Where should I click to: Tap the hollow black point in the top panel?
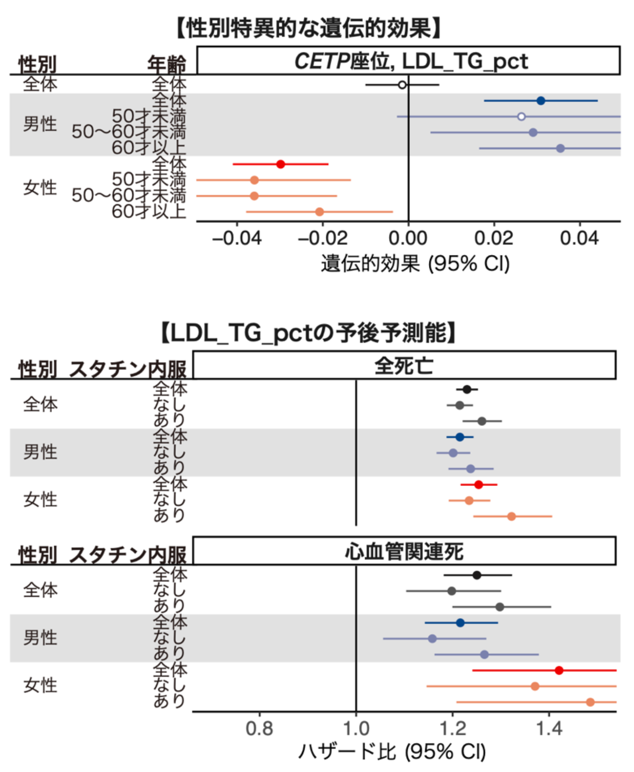(402, 85)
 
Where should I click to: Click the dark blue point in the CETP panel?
(541, 101)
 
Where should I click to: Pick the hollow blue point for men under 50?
(521, 117)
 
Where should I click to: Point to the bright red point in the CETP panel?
(281, 164)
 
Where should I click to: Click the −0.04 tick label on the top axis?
(237, 238)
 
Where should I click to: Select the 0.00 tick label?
(408, 238)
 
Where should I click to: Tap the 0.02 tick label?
(494, 238)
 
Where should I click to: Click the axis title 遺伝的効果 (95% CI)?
(415, 264)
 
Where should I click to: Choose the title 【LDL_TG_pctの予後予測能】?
(309, 333)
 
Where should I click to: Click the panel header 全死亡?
(404, 365)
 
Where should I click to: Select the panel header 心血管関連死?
(404, 551)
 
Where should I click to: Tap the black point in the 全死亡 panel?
(467, 390)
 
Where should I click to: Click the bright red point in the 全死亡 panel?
(479, 485)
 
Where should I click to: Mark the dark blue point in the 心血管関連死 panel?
(460, 623)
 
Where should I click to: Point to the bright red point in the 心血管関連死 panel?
(559, 670)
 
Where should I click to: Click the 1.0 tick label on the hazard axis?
(356, 728)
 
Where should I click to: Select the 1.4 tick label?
(549, 728)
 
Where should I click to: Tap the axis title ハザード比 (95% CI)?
(392, 752)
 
